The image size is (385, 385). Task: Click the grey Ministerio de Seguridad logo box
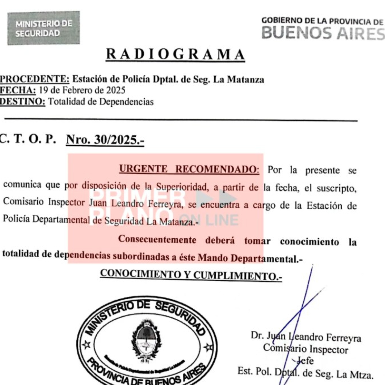pos(44,28)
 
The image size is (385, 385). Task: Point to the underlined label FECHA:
pos(18,91)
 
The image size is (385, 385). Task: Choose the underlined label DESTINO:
pos(23,102)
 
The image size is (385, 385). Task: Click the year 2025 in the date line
pos(115,91)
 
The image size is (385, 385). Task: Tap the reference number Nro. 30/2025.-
pos(105,140)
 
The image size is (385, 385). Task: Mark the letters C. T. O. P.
pos(28,140)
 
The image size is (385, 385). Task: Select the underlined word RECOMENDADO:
pos(218,170)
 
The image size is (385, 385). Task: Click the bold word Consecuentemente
pos(157,239)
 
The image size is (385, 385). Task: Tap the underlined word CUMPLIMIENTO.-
pos(238,276)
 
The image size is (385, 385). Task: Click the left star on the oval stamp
pos(86,344)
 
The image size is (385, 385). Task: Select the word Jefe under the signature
pos(305,361)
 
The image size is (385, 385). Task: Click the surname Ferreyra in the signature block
pos(341,338)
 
